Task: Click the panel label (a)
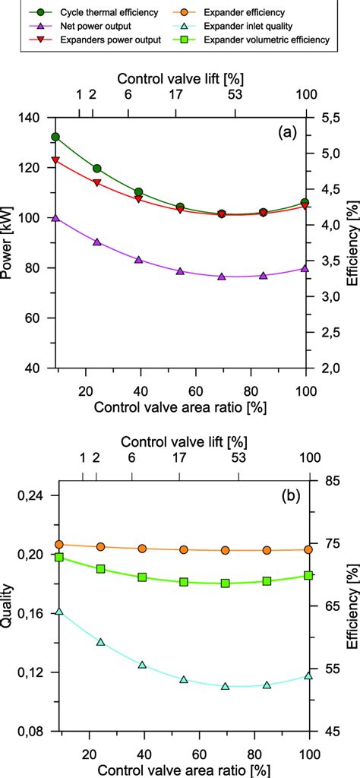tap(288, 132)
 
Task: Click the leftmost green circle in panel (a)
tap(55, 137)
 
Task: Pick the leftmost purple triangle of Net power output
tap(55, 217)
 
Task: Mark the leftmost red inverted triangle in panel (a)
tap(55, 161)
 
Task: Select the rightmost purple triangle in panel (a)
tap(305, 267)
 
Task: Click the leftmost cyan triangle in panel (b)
tap(58, 610)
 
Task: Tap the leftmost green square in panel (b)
tap(59, 557)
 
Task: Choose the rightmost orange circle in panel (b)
tap(308, 549)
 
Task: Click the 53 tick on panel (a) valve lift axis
tap(235, 95)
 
